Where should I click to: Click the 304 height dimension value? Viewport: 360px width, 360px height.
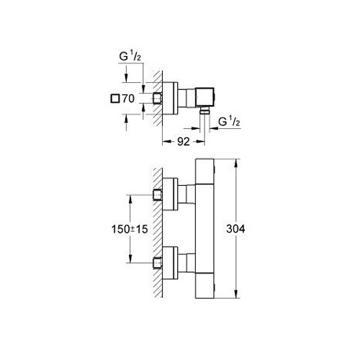235,229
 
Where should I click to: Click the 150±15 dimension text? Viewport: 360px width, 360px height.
130,229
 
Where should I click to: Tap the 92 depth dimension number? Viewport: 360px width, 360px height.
184,142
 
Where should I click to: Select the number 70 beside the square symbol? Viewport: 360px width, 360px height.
128,99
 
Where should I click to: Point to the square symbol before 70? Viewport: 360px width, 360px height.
115,99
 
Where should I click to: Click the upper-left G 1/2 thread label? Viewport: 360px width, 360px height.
130,57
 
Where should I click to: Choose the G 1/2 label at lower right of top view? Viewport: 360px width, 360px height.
229,122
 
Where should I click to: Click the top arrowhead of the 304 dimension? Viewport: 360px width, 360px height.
236,163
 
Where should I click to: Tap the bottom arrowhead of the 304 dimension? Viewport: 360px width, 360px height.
236,294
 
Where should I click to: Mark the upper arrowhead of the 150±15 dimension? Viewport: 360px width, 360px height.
130,199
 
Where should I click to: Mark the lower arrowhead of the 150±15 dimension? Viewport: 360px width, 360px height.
130,258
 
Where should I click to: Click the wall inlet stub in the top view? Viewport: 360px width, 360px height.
158,99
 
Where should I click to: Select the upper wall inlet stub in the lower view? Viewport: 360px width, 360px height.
158,194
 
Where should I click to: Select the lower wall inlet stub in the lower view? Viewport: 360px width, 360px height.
158,263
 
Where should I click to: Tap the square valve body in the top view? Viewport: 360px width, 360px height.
205,97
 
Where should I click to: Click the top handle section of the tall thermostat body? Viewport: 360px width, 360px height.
204,171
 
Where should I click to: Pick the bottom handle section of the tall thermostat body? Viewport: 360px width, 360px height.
204,286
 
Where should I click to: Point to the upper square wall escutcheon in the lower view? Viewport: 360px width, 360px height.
170,194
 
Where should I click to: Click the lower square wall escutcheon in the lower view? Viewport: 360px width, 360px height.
170,263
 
